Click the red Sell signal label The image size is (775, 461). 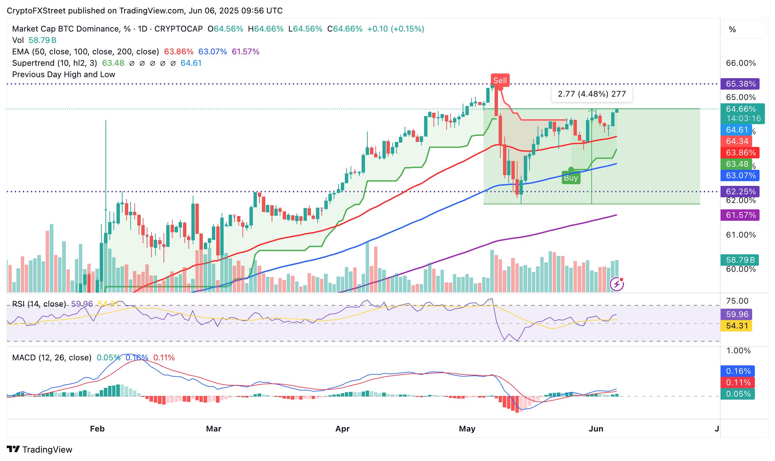coord(500,81)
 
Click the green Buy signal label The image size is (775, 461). coord(571,178)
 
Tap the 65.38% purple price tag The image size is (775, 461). coord(740,84)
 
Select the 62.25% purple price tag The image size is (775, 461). coord(740,192)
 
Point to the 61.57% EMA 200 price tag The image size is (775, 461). coord(740,215)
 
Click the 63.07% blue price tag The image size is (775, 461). coord(740,175)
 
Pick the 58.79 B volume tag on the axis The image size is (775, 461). coord(740,260)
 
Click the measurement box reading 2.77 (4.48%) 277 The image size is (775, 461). coord(592,94)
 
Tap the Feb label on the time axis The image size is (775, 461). coord(97,429)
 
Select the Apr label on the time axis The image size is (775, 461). coord(343,429)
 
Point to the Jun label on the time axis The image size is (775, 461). coord(596,429)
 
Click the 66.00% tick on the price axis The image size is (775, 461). coord(741,63)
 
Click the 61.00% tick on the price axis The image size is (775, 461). coord(741,235)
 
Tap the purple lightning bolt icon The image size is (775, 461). coord(617,285)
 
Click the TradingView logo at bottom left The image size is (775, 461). coord(40,450)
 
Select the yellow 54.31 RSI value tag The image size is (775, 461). coord(737,326)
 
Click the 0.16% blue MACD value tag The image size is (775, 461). coord(738,371)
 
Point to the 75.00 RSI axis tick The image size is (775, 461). coord(737,301)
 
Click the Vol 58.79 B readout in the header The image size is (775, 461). coord(34,40)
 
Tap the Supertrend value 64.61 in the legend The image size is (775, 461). coord(191,63)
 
